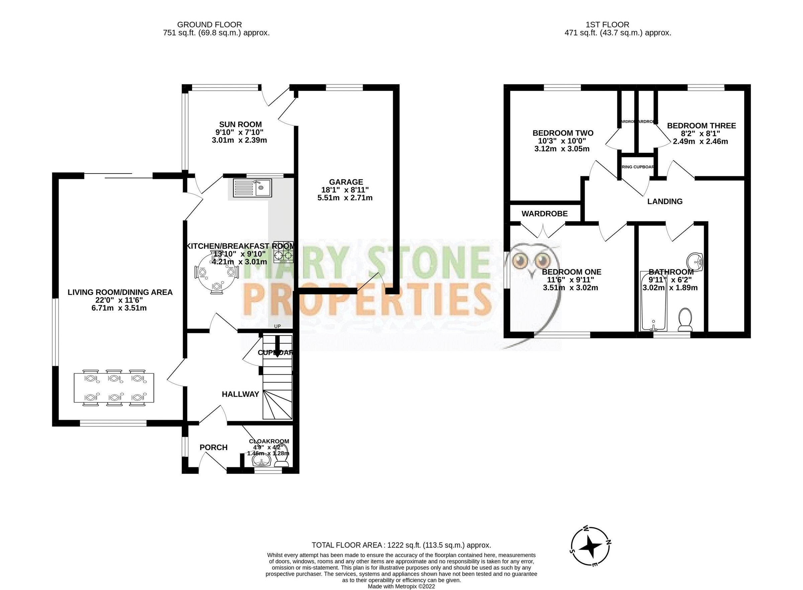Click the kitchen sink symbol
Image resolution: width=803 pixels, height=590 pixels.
click(252, 188)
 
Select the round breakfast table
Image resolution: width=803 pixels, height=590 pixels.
click(216, 274)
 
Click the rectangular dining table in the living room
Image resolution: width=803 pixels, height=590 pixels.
click(114, 388)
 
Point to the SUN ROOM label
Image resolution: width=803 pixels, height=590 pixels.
click(241, 124)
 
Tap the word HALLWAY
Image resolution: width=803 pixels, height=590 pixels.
click(241, 394)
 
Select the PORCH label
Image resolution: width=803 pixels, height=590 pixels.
click(213, 448)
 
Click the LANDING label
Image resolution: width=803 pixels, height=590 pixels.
click(665, 201)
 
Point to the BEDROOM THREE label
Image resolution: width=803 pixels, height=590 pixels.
click(701, 126)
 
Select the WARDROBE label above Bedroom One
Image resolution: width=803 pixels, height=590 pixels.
click(544, 214)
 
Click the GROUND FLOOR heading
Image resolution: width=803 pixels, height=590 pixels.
click(209, 25)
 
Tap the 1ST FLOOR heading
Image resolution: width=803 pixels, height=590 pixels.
click(607, 25)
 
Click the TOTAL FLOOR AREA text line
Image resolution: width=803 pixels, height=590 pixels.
click(401, 545)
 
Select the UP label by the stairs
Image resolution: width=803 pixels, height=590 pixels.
click(277, 326)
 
